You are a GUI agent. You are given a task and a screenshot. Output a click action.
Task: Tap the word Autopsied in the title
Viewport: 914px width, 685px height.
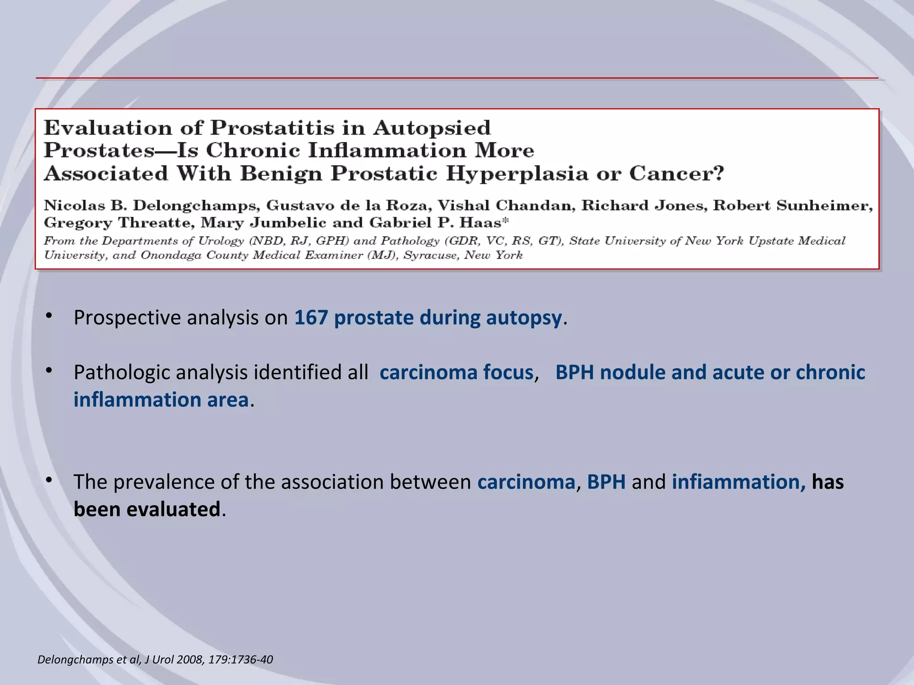pyautogui.click(x=432, y=128)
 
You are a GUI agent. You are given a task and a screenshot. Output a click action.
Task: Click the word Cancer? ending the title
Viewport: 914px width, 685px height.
pyautogui.click(x=676, y=173)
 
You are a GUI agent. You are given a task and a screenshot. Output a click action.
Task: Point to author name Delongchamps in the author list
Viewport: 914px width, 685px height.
pyautogui.click(x=195, y=206)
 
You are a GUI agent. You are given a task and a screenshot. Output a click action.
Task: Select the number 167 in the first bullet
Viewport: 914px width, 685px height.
pyautogui.click(x=311, y=318)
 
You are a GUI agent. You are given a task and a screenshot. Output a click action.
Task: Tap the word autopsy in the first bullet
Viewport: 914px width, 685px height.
pyautogui.click(x=523, y=318)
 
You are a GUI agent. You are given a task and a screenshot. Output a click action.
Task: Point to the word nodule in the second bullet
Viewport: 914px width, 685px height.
pyautogui.click(x=632, y=373)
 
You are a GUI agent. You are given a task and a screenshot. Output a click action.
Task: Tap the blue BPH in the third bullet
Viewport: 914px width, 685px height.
pyautogui.click(x=606, y=483)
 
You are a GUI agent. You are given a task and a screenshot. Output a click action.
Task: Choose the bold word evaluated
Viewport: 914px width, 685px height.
pyautogui.click(x=174, y=510)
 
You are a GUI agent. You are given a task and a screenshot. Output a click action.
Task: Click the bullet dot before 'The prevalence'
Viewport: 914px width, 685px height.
pyautogui.click(x=49, y=480)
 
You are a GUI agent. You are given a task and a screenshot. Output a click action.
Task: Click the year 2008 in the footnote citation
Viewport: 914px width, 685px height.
pyautogui.click(x=190, y=660)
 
